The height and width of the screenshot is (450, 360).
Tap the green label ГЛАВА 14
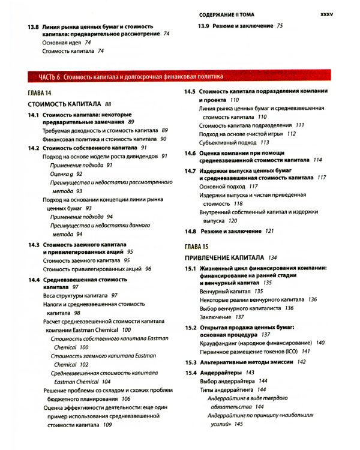coord(40,93)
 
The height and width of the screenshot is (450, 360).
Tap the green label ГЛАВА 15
coord(196,247)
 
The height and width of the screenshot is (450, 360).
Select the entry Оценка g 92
coord(67,173)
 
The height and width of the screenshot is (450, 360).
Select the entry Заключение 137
coord(221,317)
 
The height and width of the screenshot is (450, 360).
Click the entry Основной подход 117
coord(228,187)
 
